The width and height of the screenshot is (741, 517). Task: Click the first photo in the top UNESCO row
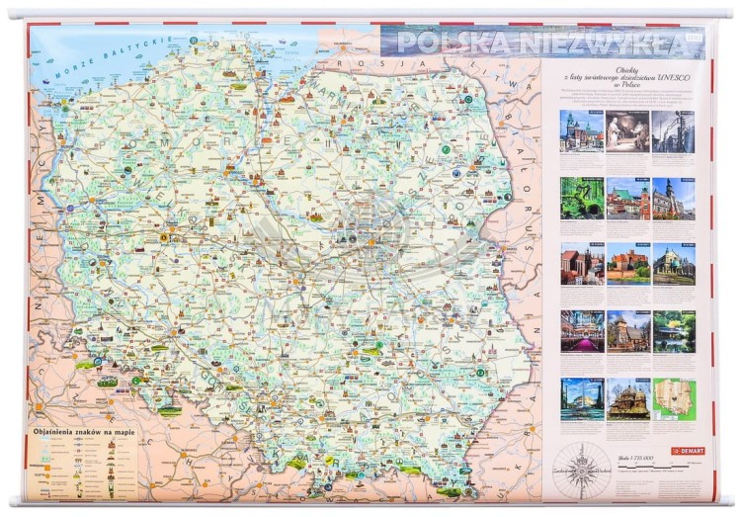pos(581,130)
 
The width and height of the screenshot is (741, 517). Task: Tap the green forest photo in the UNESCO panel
pos(581,198)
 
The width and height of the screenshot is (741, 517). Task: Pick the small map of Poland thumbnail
pos(673,398)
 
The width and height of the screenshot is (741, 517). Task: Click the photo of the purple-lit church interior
pos(581,331)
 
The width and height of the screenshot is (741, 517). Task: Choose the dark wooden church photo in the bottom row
pos(626,398)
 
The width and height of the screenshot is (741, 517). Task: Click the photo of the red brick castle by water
pos(626,265)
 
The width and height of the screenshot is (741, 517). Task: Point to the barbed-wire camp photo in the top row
pos(673,130)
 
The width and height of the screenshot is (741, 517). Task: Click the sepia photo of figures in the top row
pos(626,130)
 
